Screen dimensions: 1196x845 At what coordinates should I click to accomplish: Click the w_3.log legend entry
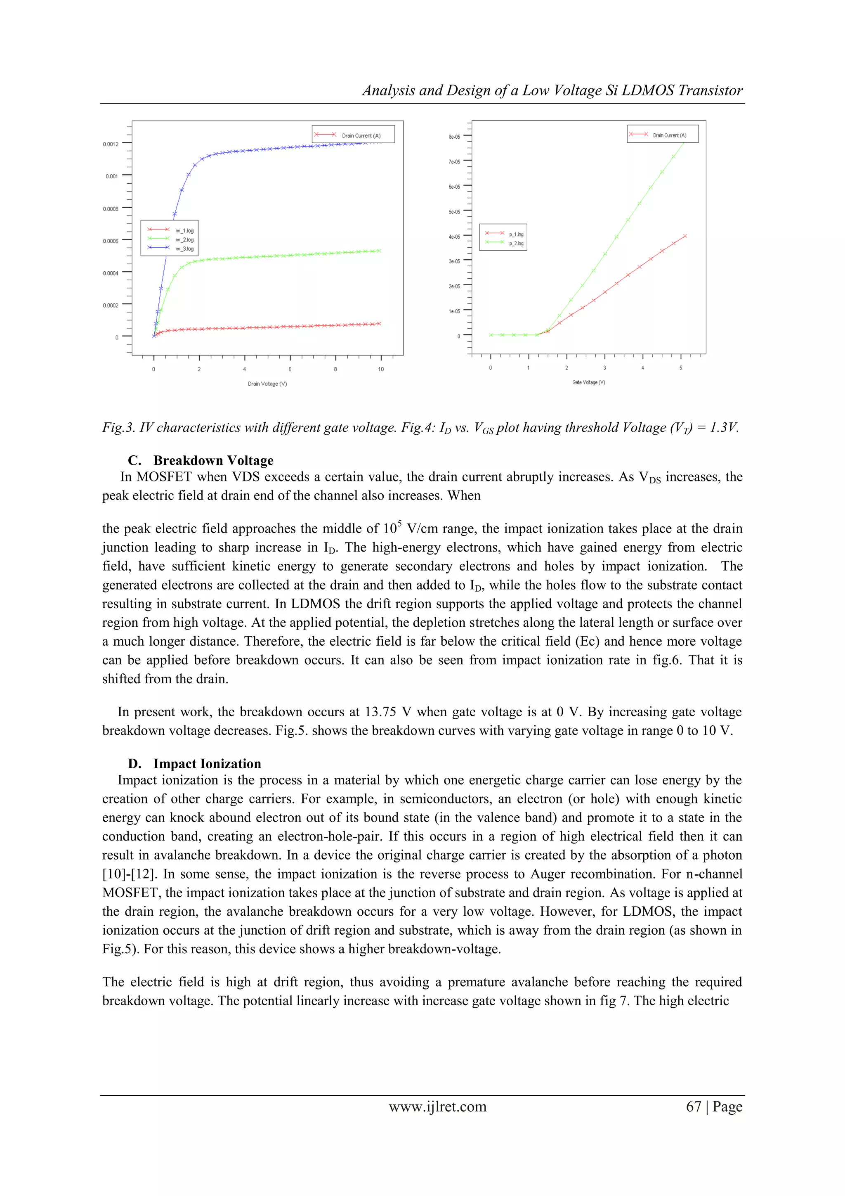(x=184, y=249)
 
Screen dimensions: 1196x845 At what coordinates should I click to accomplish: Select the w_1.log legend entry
(x=184, y=230)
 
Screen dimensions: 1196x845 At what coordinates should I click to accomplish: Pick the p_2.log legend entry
(x=516, y=243)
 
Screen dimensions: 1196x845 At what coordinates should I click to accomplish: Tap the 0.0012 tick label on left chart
(x=111, y=144)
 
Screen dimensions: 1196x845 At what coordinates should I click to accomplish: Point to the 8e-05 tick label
(x=454, y=137)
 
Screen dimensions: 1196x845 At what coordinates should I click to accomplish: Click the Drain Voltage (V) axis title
(x=267, y=384)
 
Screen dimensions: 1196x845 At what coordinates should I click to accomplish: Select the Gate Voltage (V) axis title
(x=588, y=382)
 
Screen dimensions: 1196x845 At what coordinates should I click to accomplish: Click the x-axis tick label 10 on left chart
(x=380, y=369)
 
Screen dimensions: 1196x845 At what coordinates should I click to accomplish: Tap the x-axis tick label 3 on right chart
(x=604, y=368)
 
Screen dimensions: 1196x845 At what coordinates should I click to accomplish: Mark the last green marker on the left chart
(x=380, y=251)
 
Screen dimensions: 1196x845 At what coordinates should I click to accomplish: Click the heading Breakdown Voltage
(x=213, y=460)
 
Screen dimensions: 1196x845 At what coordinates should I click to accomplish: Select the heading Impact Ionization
(x=207, y=764)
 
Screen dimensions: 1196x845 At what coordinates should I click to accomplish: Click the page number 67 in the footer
(x=694, y=1106)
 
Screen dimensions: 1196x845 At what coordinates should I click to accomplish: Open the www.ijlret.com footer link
(x=437, y=1106)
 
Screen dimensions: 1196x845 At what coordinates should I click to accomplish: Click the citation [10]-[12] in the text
(x=130, y=874)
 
